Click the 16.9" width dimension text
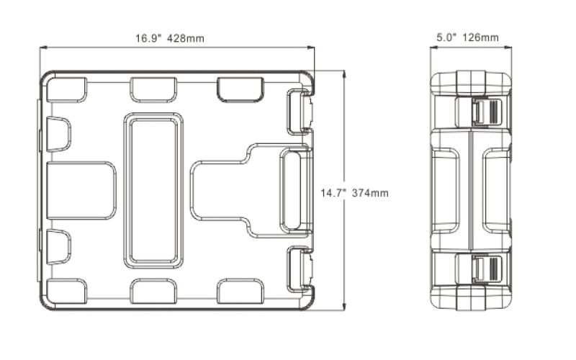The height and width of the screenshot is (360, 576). point(148,38)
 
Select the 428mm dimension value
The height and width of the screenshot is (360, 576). point(186,38)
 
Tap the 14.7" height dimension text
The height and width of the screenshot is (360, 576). point(333,193)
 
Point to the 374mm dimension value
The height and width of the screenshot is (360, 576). point(370,193)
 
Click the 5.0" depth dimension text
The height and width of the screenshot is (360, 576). point(446,37)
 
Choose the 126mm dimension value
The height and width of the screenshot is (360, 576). point(480,37)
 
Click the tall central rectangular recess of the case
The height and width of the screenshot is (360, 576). point(153,191)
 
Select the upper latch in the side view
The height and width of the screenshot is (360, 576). point(487,111)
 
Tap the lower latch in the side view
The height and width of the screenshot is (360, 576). point(487,269)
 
